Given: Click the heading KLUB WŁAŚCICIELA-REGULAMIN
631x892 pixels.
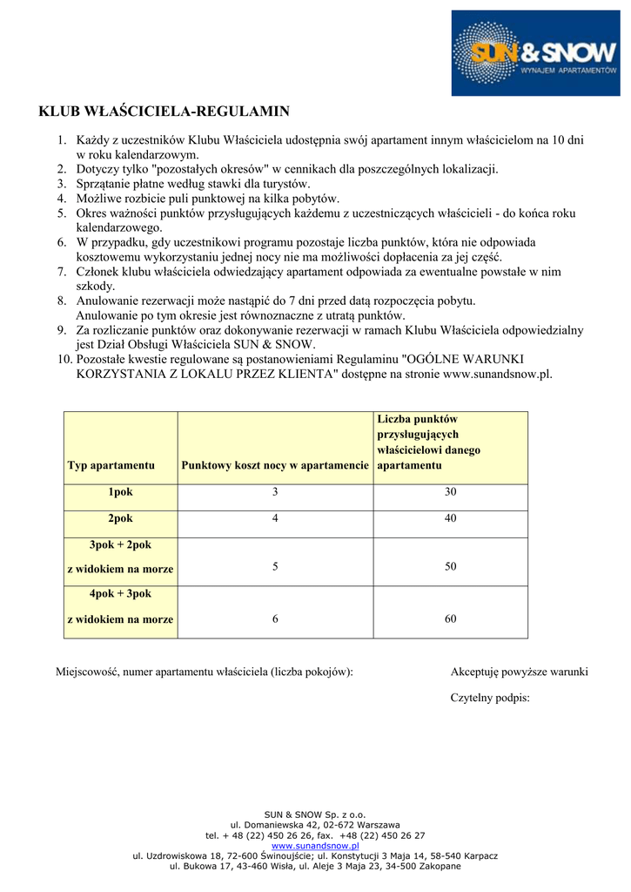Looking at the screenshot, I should coord(164,111).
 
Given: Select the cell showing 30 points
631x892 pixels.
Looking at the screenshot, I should coord(450,492).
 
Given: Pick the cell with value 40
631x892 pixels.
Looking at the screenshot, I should coord(450,518).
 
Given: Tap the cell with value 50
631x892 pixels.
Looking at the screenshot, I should coord(450,566).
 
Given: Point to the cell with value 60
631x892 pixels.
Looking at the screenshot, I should coord(450,618).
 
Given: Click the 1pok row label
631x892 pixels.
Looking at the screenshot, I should coord(120,492).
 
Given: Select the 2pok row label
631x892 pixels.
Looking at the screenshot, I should coord(120,518).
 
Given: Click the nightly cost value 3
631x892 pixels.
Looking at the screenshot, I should coord(275,492).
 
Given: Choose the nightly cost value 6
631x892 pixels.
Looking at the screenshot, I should coord(275,618).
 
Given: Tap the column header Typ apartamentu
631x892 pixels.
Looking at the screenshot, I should coord(111,465).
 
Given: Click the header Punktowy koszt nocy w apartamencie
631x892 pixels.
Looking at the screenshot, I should coord(275,465).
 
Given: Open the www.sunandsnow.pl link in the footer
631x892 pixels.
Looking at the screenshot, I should coord(315,846).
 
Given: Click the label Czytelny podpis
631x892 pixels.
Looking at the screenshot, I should coord(490,698).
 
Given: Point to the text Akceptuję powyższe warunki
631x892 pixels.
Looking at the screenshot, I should coord(519,672).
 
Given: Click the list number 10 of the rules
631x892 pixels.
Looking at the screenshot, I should coord(64,359).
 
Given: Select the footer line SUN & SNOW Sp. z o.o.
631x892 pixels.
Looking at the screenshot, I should coord(315,814).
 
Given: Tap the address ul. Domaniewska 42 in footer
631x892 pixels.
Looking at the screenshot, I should coord(315,825).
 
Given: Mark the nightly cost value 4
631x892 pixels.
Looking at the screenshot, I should coord(275,518).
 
